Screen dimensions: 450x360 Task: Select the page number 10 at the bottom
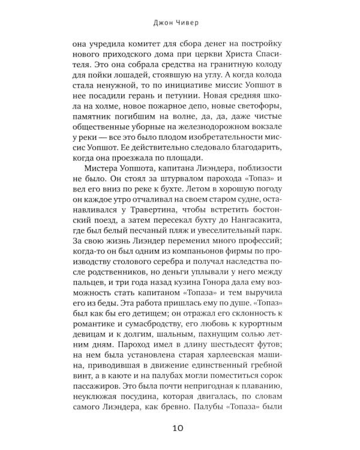click(179, 428)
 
